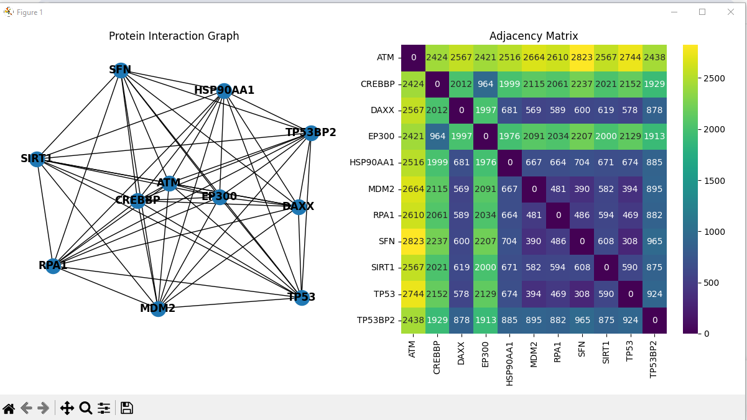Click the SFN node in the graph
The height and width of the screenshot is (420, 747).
121,70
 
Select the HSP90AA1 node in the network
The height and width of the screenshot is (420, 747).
224,91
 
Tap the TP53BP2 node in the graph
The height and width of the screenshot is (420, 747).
311,133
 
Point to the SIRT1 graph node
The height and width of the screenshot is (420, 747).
37,159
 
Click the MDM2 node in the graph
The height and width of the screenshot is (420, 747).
158,309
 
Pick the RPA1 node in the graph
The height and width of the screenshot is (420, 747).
53,266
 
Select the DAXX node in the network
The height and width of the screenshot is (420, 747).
299,207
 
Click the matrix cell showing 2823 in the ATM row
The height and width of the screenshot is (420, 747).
582,58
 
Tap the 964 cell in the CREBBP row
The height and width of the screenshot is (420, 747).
485,84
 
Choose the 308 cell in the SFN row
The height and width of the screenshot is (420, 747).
630,241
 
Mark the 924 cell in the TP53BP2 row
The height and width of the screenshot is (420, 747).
630,320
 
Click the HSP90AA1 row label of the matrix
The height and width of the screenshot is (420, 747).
371,163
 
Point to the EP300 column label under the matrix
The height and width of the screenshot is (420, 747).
485,354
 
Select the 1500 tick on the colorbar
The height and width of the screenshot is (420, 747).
714,181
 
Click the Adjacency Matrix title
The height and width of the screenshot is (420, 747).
534,36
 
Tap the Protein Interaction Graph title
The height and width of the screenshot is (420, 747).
174,36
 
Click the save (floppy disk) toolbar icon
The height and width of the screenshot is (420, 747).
127,408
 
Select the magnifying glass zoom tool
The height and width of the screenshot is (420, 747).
86,408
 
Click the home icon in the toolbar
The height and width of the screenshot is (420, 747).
9,408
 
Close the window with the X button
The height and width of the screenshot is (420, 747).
731,12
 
